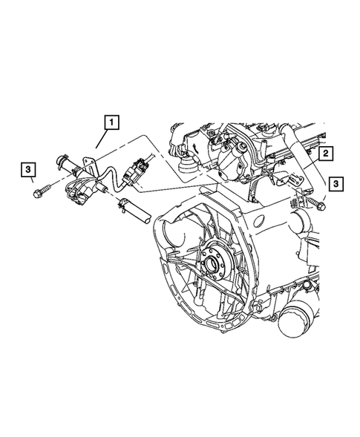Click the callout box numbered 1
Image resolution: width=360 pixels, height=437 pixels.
(x=111, y=122)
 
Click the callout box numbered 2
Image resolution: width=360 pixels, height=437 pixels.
(x=324, y=154)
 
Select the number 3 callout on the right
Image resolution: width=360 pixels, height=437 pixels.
(x=337, y=182)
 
